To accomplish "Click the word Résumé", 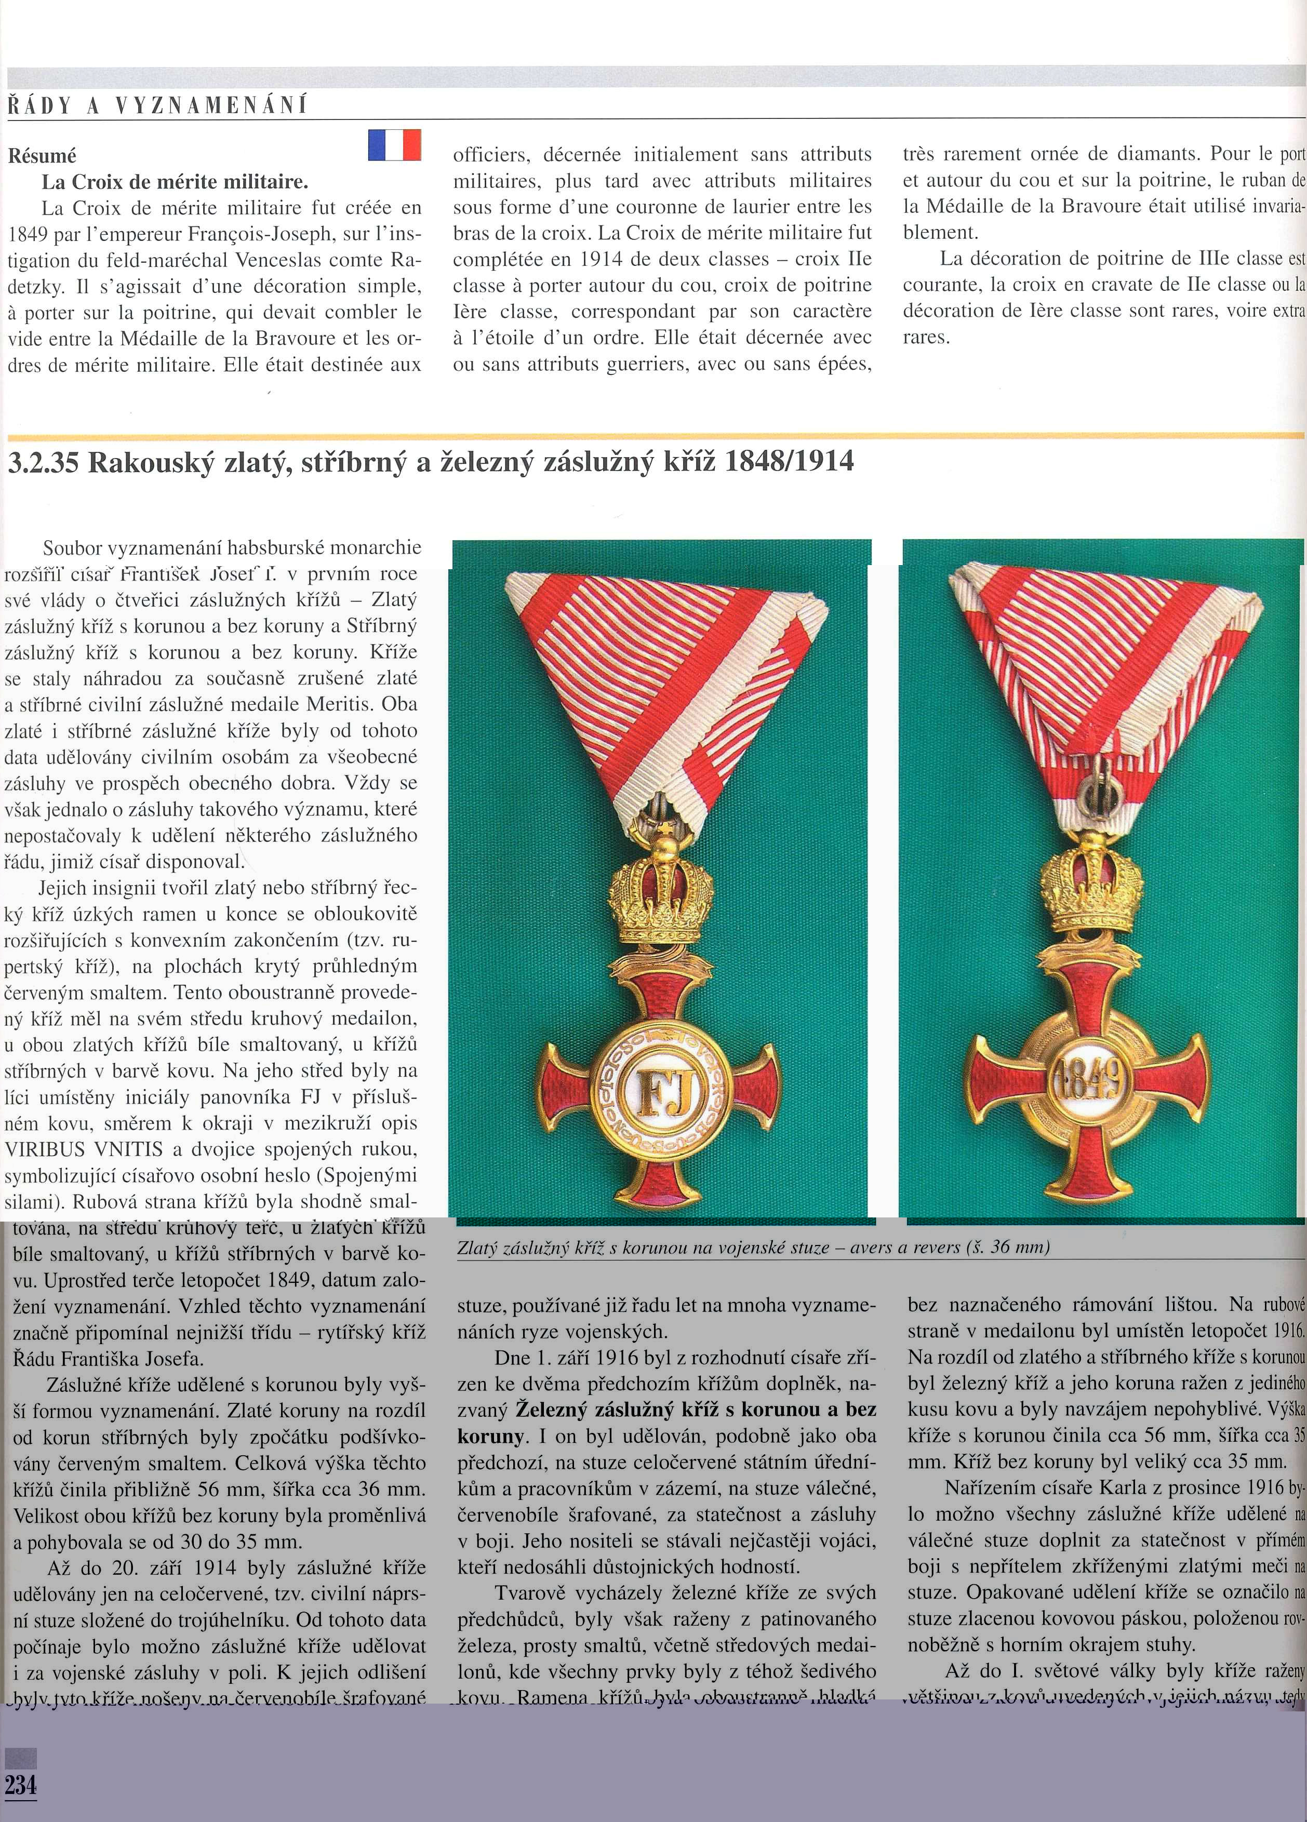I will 42,156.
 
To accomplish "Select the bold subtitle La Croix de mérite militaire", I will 175,182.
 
